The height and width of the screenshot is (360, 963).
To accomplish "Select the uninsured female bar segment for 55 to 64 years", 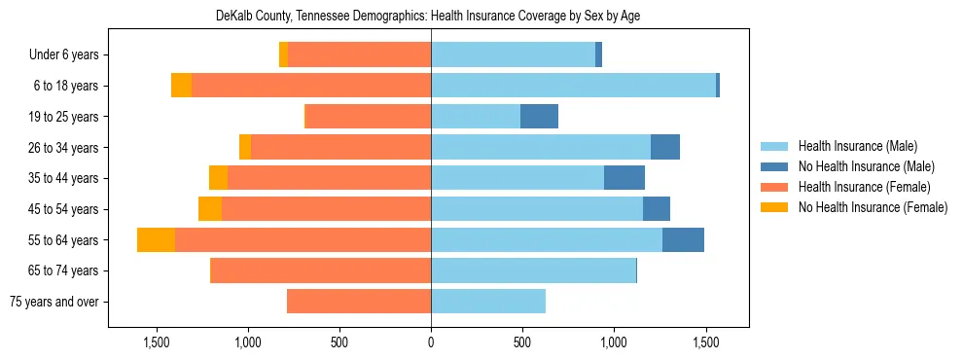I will pos(156,239).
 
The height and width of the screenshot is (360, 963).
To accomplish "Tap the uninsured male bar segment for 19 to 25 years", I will pos(539,117).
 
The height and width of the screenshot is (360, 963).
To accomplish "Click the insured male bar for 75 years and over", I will pos(488,302).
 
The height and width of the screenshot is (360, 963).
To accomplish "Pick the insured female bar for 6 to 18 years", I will pos(311,86).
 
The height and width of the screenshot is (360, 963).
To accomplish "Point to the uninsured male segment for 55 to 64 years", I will pos(683,239).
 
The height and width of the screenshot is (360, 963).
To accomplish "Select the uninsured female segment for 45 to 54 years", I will pos(210,209).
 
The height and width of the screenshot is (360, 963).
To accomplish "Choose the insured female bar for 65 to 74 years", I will pos(321,270).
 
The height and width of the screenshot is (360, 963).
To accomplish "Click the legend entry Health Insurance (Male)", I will pos(857,146).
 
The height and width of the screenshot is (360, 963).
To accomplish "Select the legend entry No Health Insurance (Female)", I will pos(873,207).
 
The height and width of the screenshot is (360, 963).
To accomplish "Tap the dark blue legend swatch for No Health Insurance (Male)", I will pos(774,166).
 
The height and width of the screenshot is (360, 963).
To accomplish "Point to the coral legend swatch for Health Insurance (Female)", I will pos(774,187).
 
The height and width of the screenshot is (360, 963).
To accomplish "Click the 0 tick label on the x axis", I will pos(431,342).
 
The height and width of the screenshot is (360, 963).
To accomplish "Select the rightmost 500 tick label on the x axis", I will pos(522,342).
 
